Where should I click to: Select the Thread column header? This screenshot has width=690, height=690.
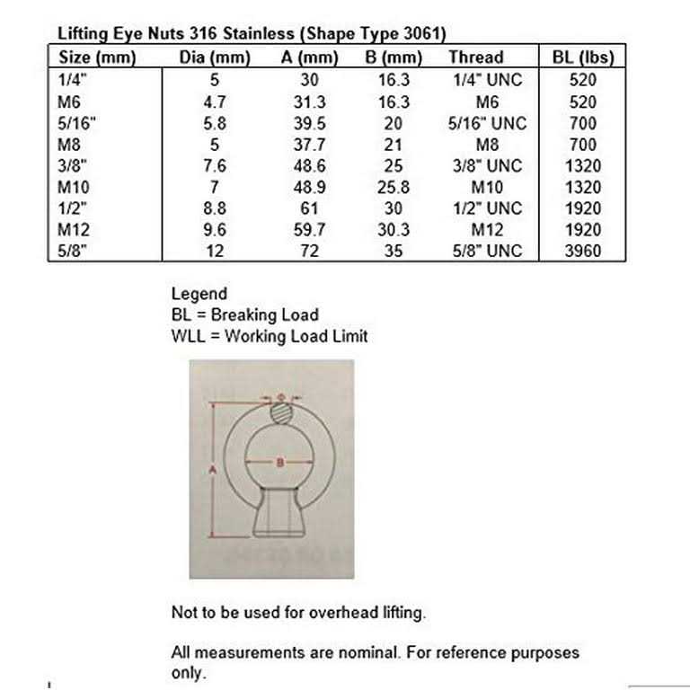coord(476,58)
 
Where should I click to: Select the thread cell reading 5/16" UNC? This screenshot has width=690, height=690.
coord(489,123)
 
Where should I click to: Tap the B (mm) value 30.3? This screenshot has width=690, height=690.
coord(393,230)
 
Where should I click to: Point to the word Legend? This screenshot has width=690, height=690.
coord(199,294)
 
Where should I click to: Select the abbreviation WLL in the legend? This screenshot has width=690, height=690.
coord(187,337)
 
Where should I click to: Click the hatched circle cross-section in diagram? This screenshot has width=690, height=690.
coord(281,415)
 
